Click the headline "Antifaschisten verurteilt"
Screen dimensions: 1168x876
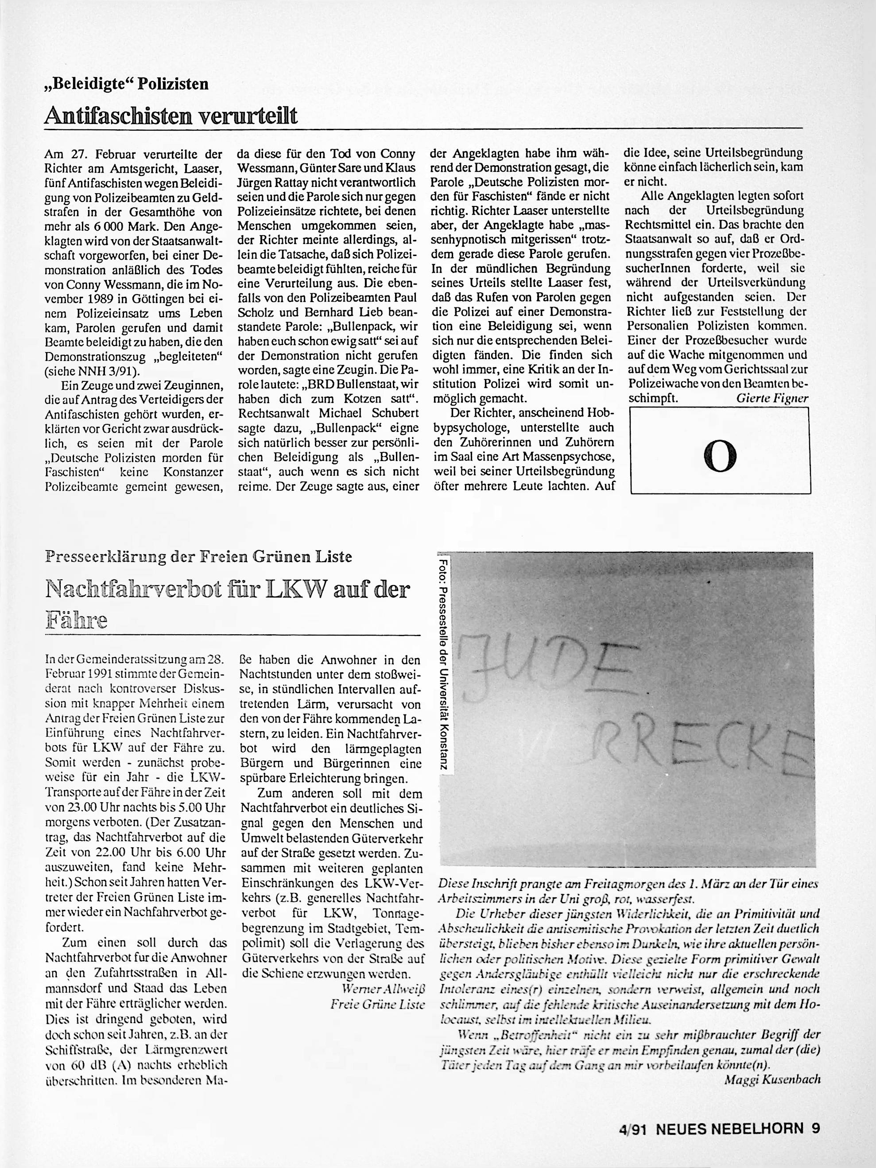coord(171,116)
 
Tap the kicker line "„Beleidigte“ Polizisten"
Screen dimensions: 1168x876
coord(127,85)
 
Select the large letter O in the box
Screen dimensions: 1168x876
coord(720,457)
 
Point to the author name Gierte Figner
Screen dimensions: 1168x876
coord(772,399)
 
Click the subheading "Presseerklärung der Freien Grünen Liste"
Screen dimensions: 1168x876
coord(198,557)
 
